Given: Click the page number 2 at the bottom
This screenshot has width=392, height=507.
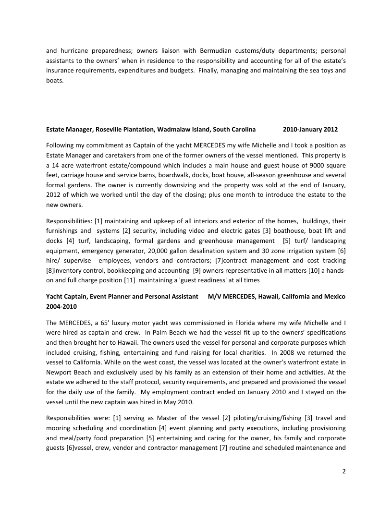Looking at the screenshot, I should coord(343,471).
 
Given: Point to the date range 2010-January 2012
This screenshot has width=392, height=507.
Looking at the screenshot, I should coord(310,129).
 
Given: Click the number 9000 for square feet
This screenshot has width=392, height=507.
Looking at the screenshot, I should coord(311,165).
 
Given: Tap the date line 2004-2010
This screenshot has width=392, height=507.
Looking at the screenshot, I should coord(61,306).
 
